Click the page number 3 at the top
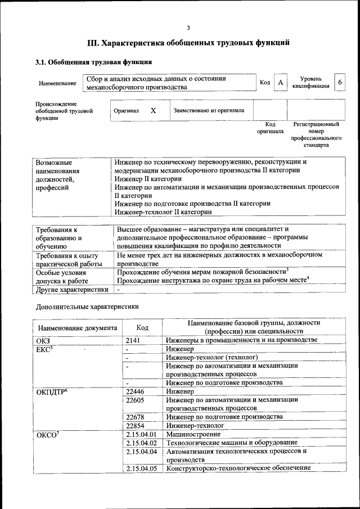point(188,28)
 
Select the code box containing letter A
point(280,83)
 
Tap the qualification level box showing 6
point(339,83)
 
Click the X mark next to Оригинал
point(153,111)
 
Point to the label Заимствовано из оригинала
point(209,111)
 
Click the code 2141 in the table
point(133,340)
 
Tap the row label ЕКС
point(44,349)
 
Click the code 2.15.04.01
point(141,435)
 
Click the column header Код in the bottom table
point(142,327)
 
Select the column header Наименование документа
point(78,328)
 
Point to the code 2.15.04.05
point(141,468)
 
